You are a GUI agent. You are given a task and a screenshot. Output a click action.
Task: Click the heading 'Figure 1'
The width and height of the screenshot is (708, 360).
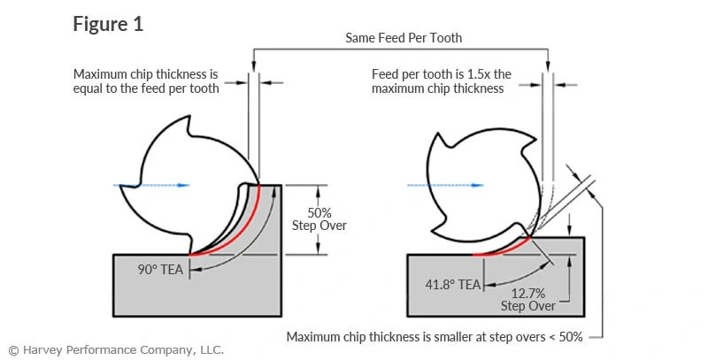107,24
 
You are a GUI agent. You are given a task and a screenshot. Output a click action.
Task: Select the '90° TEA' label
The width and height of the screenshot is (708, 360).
160,269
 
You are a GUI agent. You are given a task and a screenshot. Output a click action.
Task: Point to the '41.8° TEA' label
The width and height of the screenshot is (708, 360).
453,284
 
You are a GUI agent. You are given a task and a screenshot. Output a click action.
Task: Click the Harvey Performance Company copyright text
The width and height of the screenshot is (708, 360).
116,349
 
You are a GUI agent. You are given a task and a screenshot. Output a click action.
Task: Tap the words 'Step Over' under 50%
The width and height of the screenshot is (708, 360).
318,226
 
